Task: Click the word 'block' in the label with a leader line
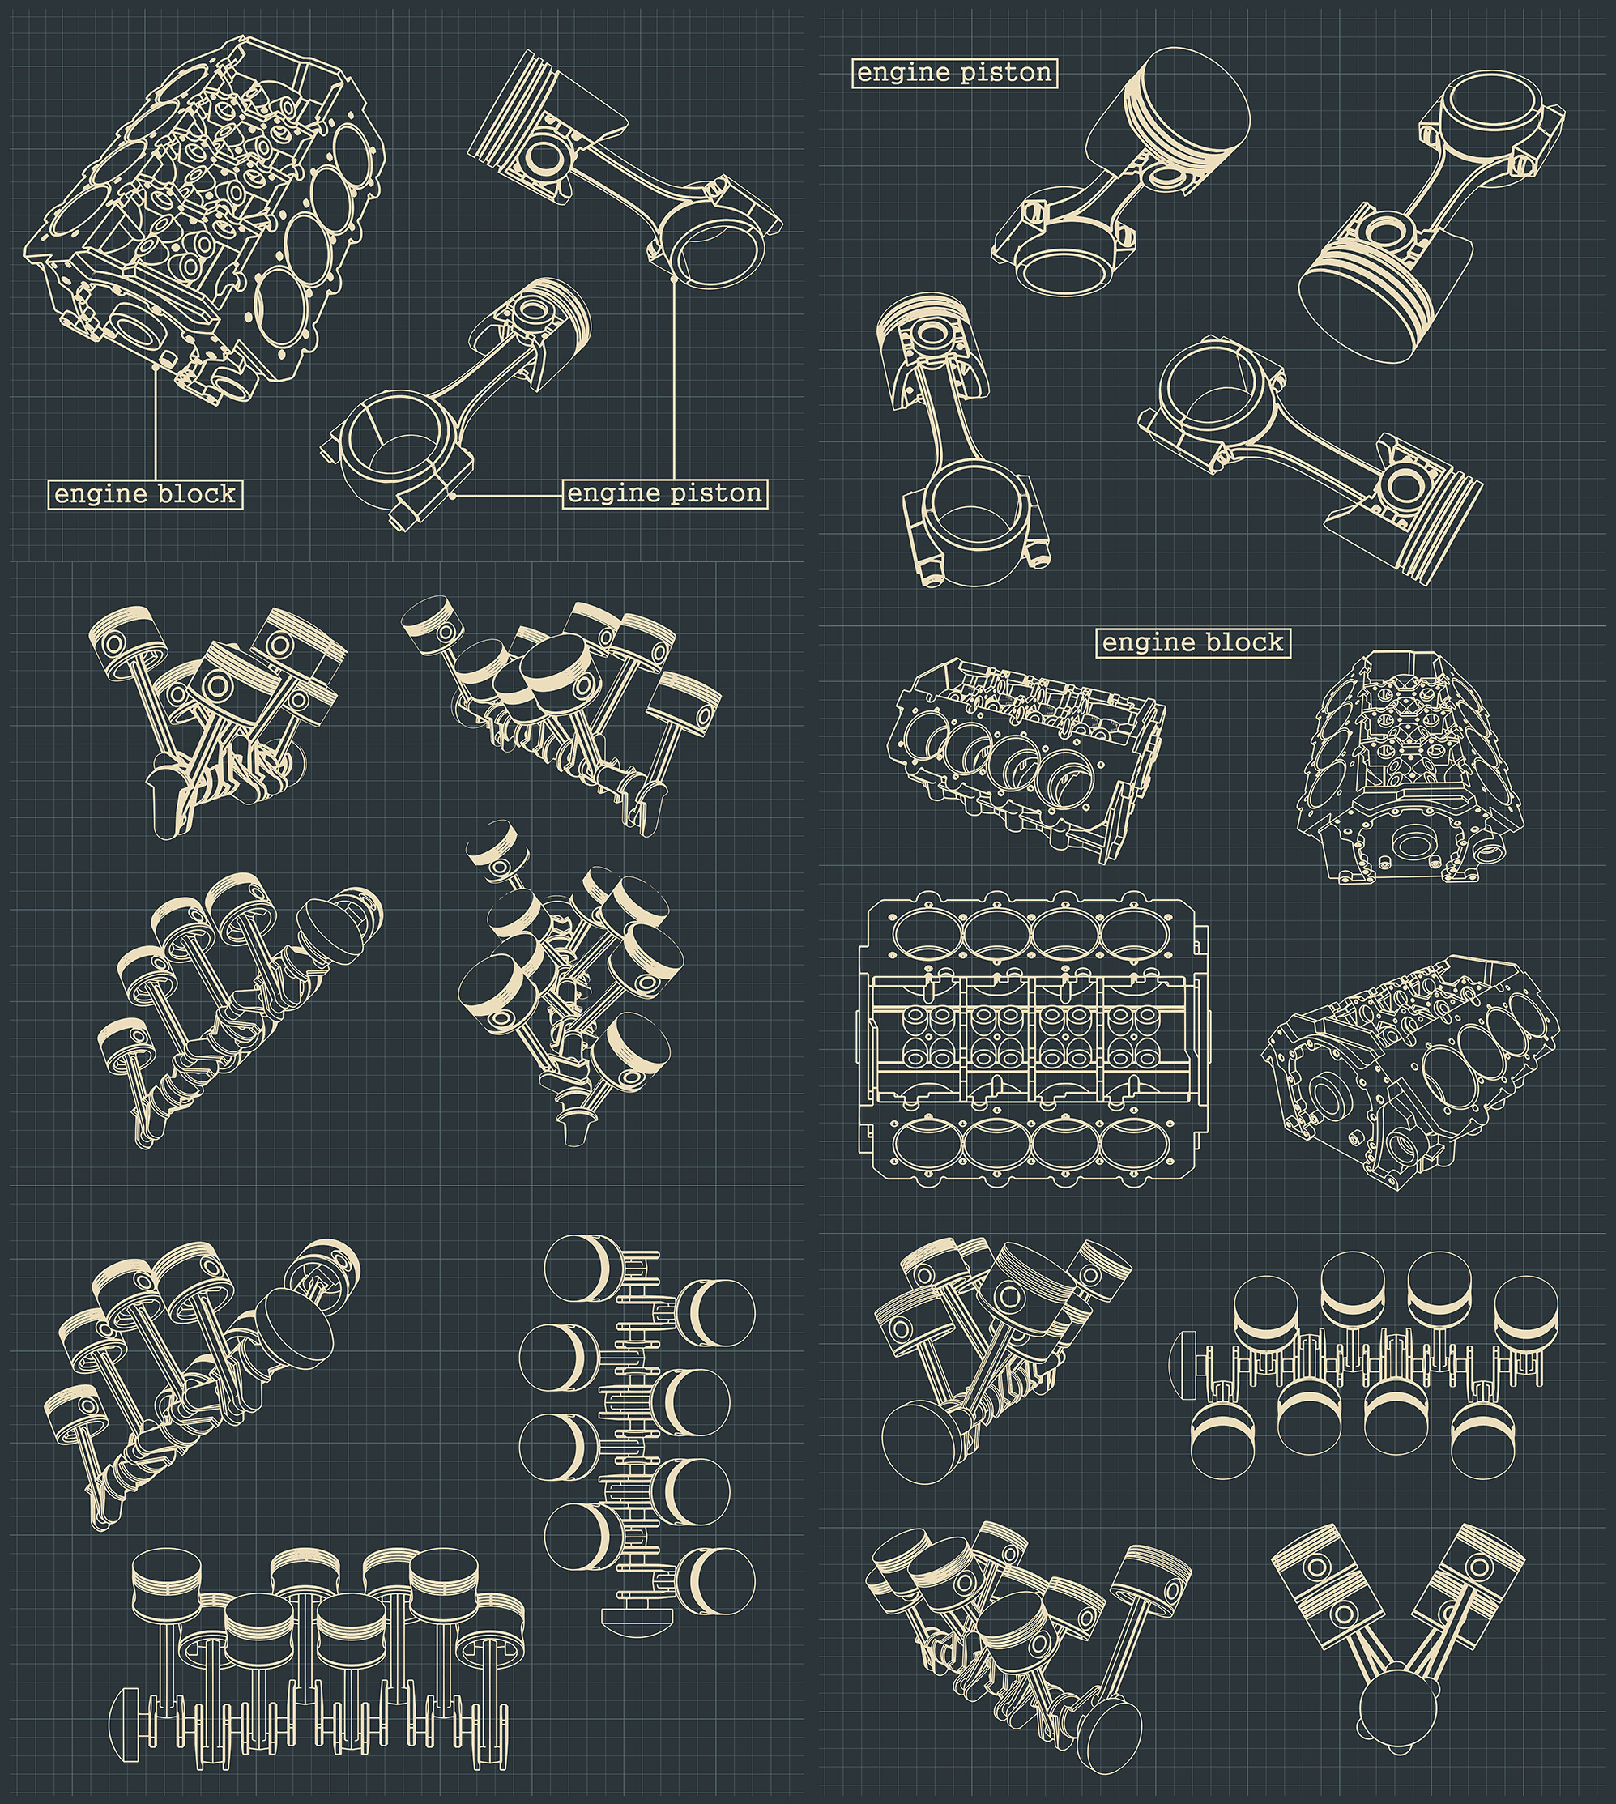pos(197,493)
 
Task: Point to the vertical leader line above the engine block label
pos(156,426)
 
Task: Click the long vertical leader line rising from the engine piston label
pos(674,382)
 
